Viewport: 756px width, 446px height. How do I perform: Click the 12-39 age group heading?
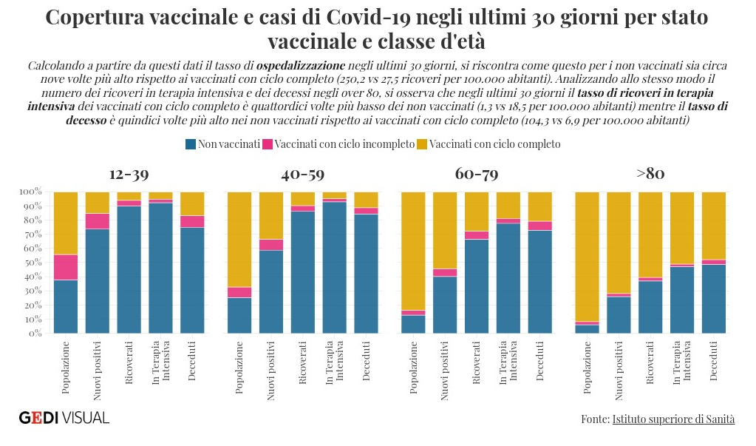click(x=129, y=175)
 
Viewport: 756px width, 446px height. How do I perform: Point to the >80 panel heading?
click(x=650, y=175)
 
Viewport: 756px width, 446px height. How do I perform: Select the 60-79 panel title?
click(x=477, y=175)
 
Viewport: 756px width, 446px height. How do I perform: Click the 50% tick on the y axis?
click(x=30, y=263)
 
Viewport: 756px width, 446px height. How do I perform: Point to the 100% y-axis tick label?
click(x=29, y=192)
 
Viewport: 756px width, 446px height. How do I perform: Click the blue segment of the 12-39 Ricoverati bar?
click(x=129, y=270)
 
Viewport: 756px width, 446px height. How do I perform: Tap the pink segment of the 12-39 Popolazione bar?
click(x=66, y=267)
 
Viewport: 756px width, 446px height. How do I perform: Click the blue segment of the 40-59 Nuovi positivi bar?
click(x=270, y=292)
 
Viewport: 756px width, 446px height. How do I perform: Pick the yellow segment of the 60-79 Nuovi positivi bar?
click(x=445, y=229)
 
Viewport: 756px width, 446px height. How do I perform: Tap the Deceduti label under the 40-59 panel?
click(x=366, y=362)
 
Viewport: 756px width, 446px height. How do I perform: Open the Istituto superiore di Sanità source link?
click(x=673, y=419)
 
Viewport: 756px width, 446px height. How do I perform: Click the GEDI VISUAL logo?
click(x=64, y=418)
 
